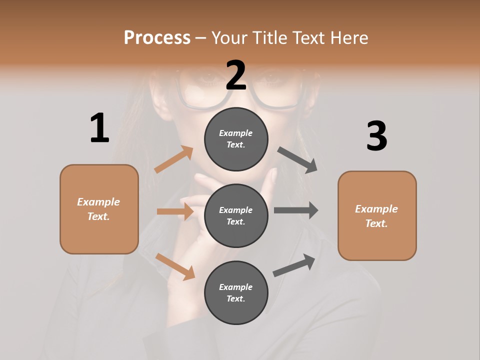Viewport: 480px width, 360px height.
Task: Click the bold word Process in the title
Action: tap(157, 37)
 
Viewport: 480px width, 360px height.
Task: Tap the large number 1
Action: tap(99, 128)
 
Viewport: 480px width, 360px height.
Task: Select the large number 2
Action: tap(236, 75)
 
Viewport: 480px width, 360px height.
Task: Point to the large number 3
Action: tap(376, 136)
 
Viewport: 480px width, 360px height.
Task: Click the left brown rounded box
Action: tap(99, 209)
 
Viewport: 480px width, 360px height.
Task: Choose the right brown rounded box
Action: tap(377, 215)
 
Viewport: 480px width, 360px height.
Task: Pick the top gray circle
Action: tap(236, 139)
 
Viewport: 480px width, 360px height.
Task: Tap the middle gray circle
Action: tap(236, 215)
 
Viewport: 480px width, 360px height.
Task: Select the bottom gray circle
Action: tap(236, 292)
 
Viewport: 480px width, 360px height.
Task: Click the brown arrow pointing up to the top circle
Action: tap(173, 159)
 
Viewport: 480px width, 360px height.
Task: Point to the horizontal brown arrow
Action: tap(175, 211)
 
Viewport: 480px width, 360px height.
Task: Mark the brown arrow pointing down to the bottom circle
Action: tap(175, 266)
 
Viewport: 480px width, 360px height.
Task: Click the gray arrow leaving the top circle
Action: tap(297, 160)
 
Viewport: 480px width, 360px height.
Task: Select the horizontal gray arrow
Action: tap(295, 210)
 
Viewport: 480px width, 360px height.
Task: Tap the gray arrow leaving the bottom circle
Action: tap(294, 265)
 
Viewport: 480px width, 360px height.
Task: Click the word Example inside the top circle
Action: tap(236, 133)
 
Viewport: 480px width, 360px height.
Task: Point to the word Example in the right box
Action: tap(376, 209)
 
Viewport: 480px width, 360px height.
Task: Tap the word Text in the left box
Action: tap(97, 216)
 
